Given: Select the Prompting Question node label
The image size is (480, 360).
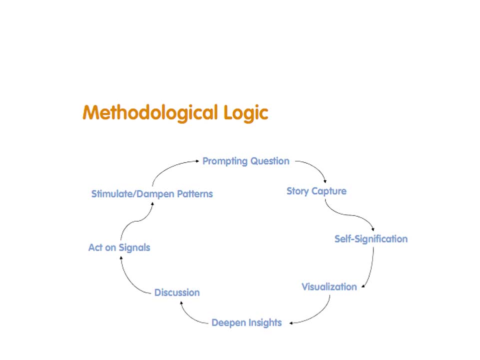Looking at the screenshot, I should tap(246, 161).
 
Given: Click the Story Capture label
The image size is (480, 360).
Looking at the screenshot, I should tap(316, 191).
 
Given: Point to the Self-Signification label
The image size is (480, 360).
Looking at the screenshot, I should tap(371, 239).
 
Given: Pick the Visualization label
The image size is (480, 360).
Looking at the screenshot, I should tap(329, 287).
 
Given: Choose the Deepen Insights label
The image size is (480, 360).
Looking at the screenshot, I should tap(247, 323).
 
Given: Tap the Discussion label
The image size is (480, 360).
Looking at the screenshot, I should tap(177, 293).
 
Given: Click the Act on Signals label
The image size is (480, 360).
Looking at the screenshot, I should tap(119, 248).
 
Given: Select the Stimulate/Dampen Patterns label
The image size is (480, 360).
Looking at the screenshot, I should tap(152, 194).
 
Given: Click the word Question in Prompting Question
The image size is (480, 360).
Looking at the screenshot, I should tap(270, 161).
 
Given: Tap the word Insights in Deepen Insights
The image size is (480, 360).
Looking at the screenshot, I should tap(265, 323).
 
